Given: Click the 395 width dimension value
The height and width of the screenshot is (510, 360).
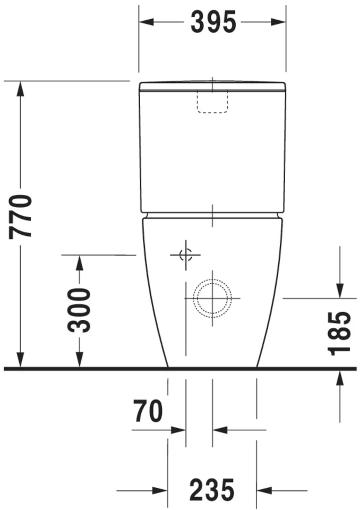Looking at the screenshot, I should coord(212,22).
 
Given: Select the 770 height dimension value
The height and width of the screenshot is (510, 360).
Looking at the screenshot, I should coord(23,216).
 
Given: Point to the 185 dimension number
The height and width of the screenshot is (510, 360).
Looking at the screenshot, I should coord(339,333).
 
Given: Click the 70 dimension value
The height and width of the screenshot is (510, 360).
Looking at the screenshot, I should coord(148,412).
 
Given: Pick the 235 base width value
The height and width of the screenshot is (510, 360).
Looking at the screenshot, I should coord(212,490).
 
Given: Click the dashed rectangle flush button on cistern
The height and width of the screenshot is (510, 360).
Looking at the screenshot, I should coord(212,101).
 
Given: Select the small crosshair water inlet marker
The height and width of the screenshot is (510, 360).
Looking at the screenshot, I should coord(185,255).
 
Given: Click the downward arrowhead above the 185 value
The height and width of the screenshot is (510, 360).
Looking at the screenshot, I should coord(339,291).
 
